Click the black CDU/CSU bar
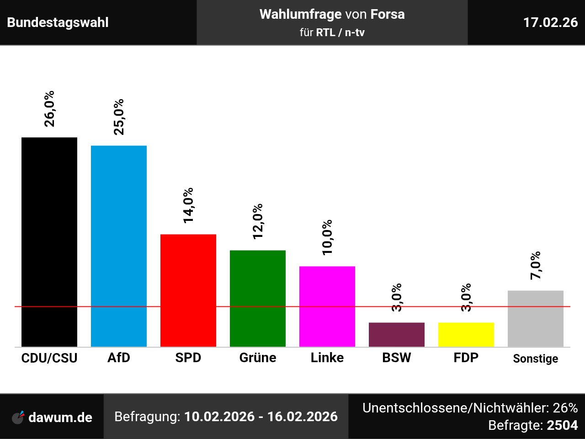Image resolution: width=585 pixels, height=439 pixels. [49, 242]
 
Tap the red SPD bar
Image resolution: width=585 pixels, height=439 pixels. [188, 290]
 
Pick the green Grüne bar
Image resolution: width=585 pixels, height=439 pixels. [258, 298]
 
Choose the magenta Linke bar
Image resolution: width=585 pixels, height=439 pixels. [327, 306]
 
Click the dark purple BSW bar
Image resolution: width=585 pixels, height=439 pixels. [397, 334]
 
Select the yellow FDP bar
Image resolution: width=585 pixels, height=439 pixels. [466, 334]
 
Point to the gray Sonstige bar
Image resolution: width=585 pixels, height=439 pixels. [536, 318]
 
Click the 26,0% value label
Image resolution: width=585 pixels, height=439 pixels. [49, 109]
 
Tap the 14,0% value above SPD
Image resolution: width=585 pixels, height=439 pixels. [188, 205]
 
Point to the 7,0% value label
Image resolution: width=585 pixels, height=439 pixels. [536, 265]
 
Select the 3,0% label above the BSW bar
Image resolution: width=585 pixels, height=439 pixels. [397, 297]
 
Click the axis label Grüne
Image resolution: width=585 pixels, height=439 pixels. [258, 358]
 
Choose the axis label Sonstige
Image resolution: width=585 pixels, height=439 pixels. [536, 359]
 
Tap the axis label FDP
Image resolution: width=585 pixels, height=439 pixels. [466, 358]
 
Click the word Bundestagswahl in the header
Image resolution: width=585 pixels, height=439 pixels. [58, 22]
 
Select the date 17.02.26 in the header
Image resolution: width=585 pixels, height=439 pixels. [550, 22]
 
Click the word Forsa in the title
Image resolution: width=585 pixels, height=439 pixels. [388, 14]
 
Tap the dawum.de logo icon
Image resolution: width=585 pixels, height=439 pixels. [18, 417]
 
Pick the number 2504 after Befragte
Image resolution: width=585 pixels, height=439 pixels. [562, 425]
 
